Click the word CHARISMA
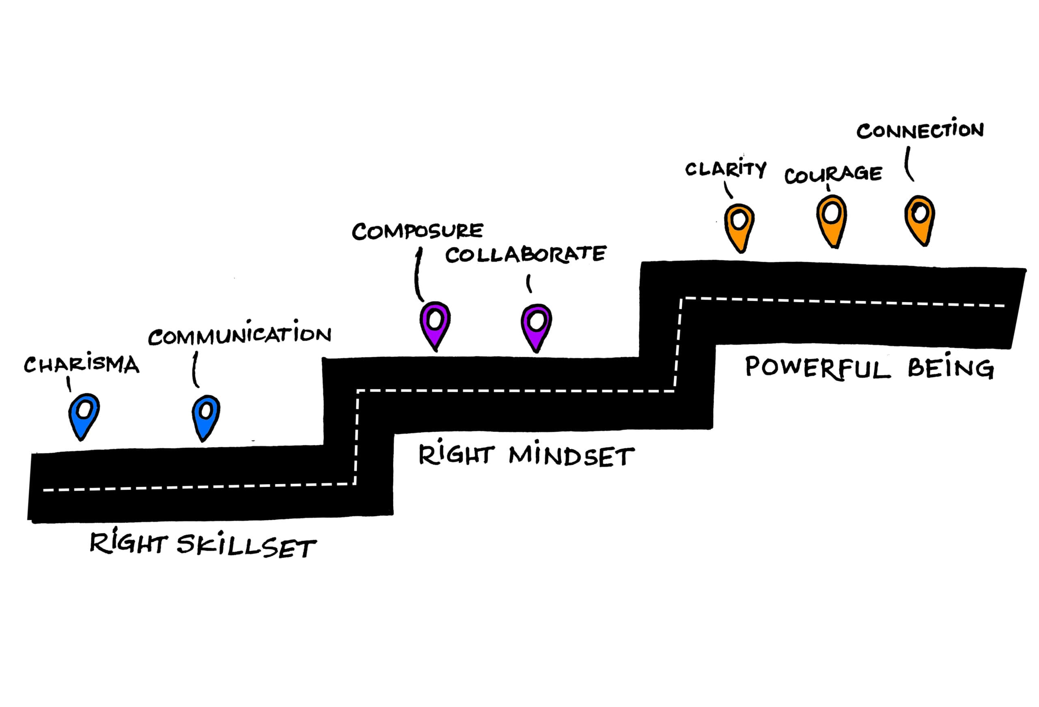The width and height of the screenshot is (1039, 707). tap(81, 364)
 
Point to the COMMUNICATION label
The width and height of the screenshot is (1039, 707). tap(239, 334)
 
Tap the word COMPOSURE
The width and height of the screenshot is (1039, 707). tap(417, 231)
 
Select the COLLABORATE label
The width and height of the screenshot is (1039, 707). tap(525, 254)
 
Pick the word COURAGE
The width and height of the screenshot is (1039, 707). tap(833, 174)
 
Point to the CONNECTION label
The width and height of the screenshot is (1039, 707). tap(920, 130)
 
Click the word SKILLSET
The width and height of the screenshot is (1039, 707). tap(246, 546)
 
